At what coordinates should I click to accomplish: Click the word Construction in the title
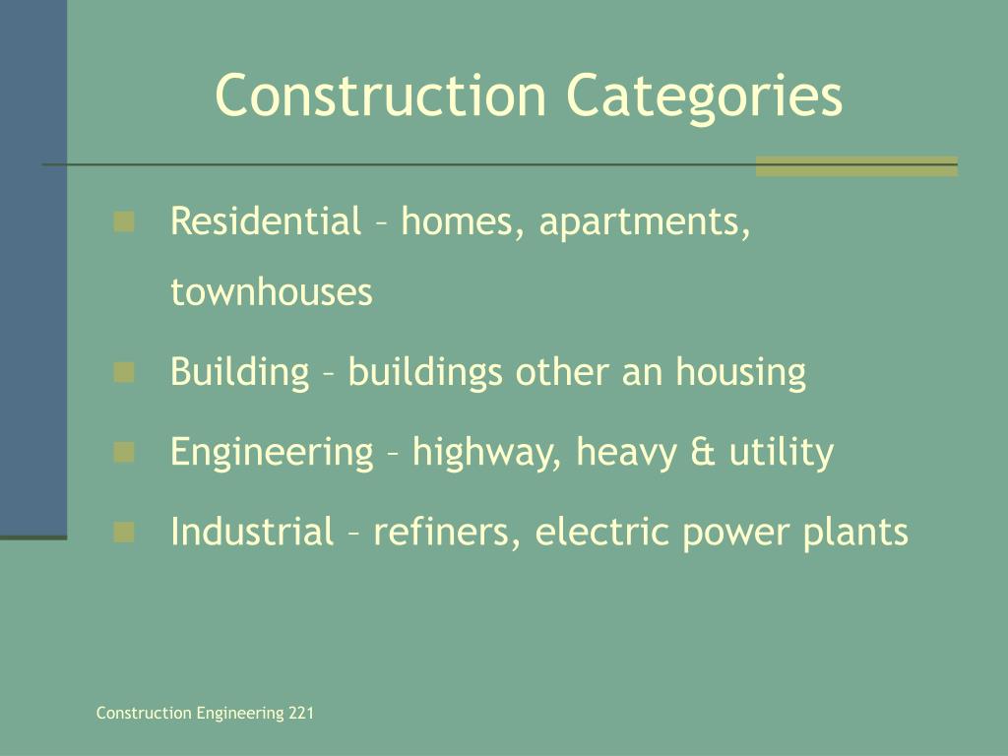(x=380, y=95)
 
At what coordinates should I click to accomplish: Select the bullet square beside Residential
(x=124, y=221)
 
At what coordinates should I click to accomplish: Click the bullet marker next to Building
(x=124, y=372)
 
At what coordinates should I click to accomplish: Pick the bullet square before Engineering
(x=124, y=452)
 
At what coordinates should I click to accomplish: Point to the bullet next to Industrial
(x=124, y=533)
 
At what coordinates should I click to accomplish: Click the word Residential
(x=266, y=221)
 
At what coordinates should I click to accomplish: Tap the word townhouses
(x=272, y=292)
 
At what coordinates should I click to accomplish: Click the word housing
(x=740, y=373)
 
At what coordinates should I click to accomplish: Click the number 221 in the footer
(x=301, y=714)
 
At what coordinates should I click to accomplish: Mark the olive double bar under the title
(x=856, y=166)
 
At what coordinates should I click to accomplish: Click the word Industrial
(x=252, y=533)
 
